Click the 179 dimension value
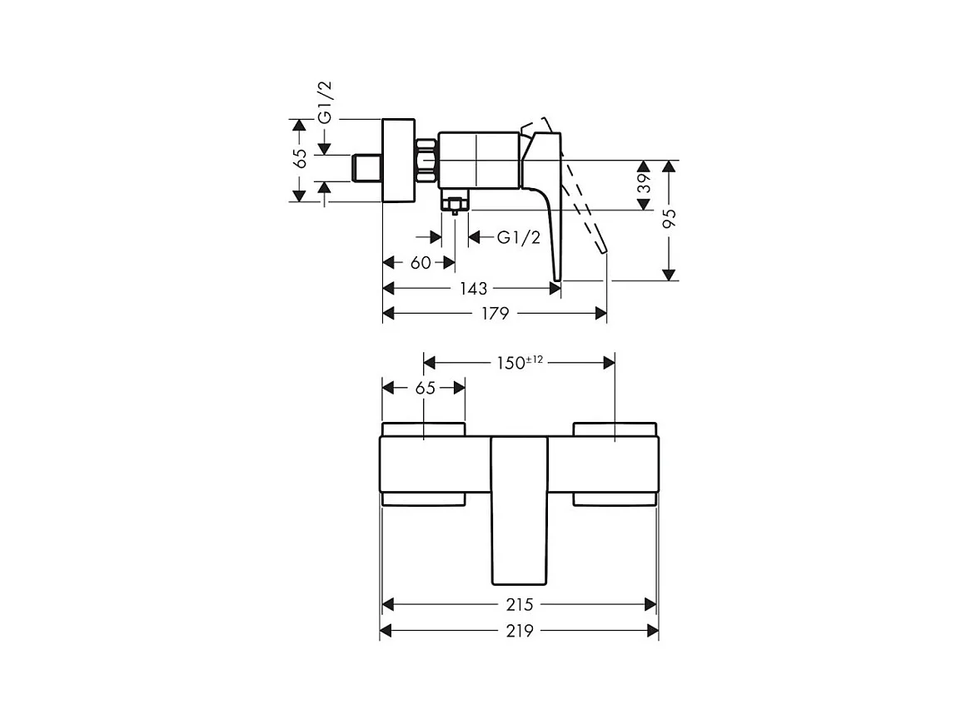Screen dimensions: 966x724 [x=495, y=313]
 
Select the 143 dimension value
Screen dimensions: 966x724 [x=473, y=288]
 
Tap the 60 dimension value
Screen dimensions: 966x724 [x=421, y=263]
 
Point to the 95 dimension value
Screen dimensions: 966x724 [x=669, y=219]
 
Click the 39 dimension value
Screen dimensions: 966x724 [x=644, y=185]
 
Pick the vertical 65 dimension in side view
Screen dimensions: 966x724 [x=301, y=158]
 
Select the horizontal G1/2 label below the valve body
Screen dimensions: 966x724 [x=519, y=238]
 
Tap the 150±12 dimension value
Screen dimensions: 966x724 [x=519, y=362]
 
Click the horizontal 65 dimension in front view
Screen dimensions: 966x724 [x=424, y=388]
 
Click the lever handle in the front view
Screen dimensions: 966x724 [x=520, y=508]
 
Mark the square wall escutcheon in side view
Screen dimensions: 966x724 [x=397, y=160]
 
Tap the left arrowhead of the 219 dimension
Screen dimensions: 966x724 [x=386, y=632]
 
